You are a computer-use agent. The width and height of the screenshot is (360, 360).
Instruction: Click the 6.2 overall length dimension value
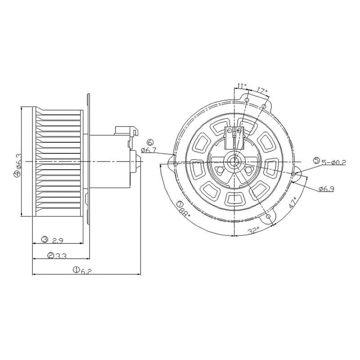click(86, 271)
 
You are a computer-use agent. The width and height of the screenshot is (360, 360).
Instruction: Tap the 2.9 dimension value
click(58, 241)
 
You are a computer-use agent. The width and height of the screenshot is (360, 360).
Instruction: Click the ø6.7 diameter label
click(148, 150)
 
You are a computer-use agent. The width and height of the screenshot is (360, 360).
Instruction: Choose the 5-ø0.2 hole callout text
click(333, 162)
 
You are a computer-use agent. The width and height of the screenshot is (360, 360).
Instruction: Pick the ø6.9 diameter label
click(326, 189)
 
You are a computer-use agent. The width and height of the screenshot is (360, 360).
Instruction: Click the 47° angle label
click(292, 203)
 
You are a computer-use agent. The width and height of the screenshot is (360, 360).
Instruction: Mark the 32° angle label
click(254, 230)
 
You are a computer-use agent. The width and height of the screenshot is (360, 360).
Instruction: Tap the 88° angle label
click(185, 212)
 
